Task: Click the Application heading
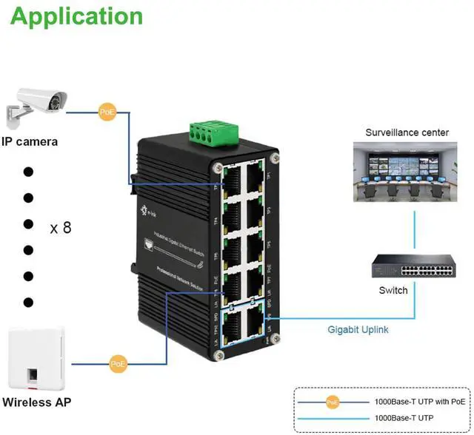pos(76,16)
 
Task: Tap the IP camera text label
pos(30,141)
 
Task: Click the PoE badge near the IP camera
pos(107,112)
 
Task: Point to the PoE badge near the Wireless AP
pos(118,363)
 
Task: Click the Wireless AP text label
pos(37,403)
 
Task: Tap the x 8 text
pos(61,228)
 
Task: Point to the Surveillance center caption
pos(407,132)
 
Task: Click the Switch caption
pos(393,291)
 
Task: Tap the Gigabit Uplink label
pos(358,330)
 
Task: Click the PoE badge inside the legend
pos(333,402)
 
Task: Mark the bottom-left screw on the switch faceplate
pos(218,356)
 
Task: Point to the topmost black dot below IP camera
pos(29,172)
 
